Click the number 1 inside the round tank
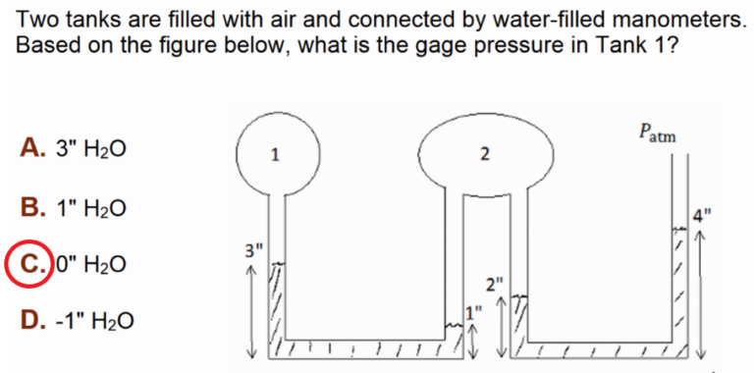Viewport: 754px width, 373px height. click(275, 155)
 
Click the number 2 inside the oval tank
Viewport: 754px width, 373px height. click(485, 154)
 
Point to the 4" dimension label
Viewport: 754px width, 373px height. click(700, 217)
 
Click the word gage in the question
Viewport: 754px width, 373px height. click(393, 47)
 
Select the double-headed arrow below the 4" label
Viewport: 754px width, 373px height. click(700, 294)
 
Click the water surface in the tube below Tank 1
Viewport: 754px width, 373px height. click(277, 264)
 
